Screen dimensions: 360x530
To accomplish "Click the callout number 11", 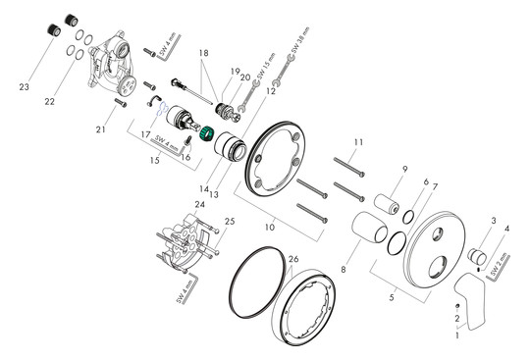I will [359, 143].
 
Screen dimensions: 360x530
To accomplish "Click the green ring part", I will [207, 134].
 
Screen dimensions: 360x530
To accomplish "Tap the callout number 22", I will [48, 102].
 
